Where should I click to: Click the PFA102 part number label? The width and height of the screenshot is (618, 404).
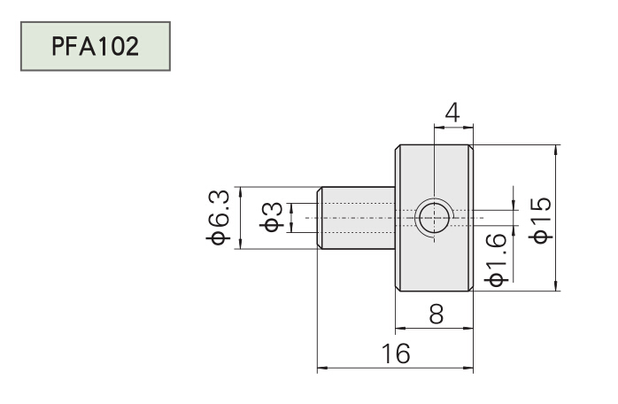tap(95, 47)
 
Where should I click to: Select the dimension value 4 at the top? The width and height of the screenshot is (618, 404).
tap(452, 113)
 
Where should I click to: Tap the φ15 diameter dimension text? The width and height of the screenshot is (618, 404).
tap(541, 217)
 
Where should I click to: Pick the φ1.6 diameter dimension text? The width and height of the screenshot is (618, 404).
tap(497, 260)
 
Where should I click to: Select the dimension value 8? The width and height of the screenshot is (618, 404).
tap(435, 315)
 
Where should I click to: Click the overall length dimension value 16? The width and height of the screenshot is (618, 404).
tap(396, 354)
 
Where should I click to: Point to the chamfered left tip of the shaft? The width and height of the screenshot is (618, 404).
tap(320, 218)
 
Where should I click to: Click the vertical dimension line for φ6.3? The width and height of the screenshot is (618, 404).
tap(240, 218)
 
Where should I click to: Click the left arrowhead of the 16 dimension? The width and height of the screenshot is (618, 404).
tap(321, 367)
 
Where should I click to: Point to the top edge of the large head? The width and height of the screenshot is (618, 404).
tap(434, 144)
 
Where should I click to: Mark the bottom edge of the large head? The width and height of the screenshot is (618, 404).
tap(434, 291)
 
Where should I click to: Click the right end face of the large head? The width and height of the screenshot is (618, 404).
tap(473, 218)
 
